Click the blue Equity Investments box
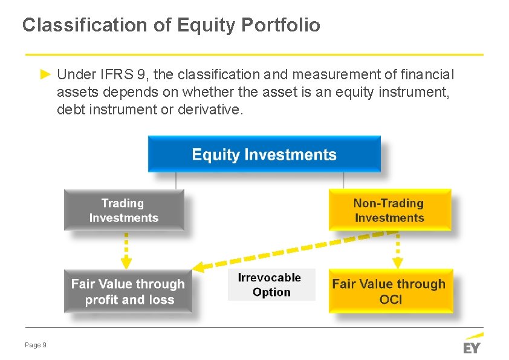(264, 154)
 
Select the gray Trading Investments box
(124, 210)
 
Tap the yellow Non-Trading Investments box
(389, 210)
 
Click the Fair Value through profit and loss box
(128, 291)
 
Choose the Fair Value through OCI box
(390, 291)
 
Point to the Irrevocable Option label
(271, 284)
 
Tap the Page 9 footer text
(36, 345)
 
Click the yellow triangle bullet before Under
(45, 74)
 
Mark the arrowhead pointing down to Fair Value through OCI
(397, 263)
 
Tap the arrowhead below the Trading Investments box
(126, 263)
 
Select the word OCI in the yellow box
(390, 299)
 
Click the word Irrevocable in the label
(269, 278)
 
